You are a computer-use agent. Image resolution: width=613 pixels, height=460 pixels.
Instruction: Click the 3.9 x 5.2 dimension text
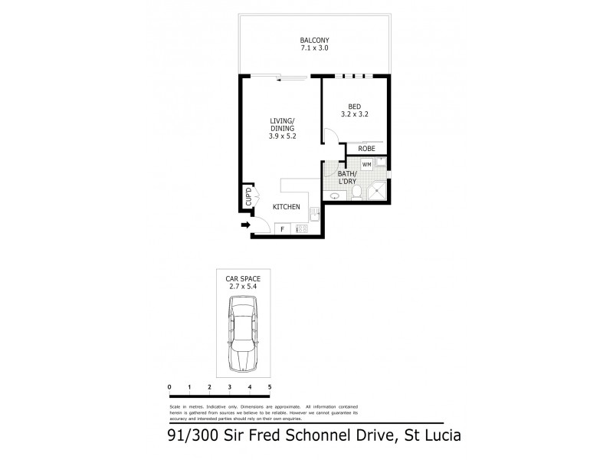tap(283, 136)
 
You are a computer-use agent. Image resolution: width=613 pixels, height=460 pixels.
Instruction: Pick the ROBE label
tap(366, 149)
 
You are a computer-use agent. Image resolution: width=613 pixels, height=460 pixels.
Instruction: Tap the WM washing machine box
tap(366, 164)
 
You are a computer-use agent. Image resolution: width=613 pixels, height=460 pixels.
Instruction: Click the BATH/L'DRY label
tap(351, 179)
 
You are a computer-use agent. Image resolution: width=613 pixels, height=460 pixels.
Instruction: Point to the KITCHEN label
tap(287, 207)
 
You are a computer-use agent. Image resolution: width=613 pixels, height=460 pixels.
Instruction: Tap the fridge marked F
tap(282, 228)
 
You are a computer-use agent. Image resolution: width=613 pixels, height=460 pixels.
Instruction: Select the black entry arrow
tap(245, 225)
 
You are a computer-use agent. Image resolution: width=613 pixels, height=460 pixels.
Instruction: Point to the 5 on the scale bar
tap(270, 388)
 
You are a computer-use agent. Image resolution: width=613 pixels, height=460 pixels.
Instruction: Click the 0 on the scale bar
tap(169, 388)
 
